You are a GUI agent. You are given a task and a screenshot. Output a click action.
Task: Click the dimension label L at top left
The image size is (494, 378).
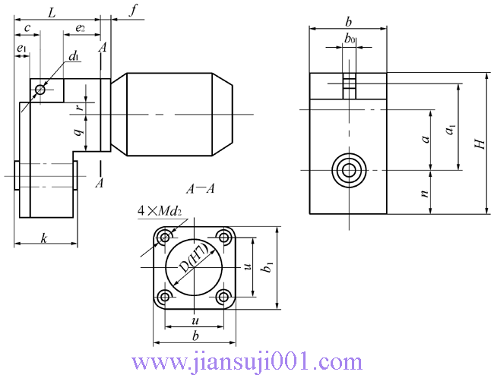[x=51, y=12]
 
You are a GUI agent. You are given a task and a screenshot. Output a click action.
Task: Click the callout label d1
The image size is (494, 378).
[x=74, y=57]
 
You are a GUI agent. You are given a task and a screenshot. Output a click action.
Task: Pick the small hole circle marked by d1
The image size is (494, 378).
[x=40, y=90]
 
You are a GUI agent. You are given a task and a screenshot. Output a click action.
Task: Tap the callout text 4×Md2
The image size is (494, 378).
[x=160, y=209]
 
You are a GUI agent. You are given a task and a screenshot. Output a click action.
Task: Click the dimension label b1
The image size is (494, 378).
[x=268, y=266]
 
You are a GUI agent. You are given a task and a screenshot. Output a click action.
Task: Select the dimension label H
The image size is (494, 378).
[x=479, y=143]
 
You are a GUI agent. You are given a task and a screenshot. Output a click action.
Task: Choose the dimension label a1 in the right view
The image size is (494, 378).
[x=451, y=130]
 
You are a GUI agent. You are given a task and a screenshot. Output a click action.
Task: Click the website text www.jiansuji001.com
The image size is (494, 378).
[x=247, y=361]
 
